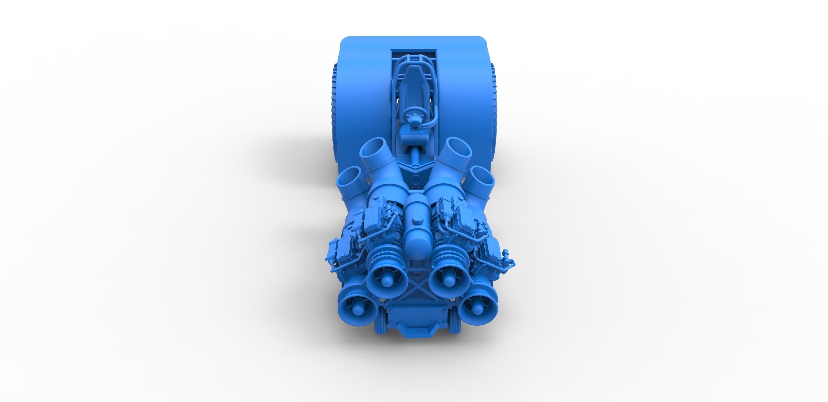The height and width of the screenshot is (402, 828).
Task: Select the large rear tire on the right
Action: pos(494,109)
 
